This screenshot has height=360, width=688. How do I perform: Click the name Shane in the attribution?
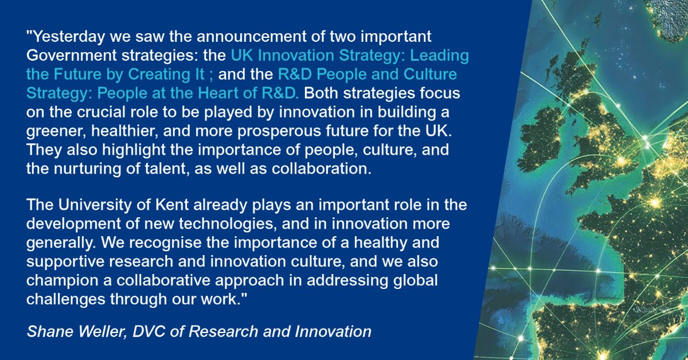pos(46,331)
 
